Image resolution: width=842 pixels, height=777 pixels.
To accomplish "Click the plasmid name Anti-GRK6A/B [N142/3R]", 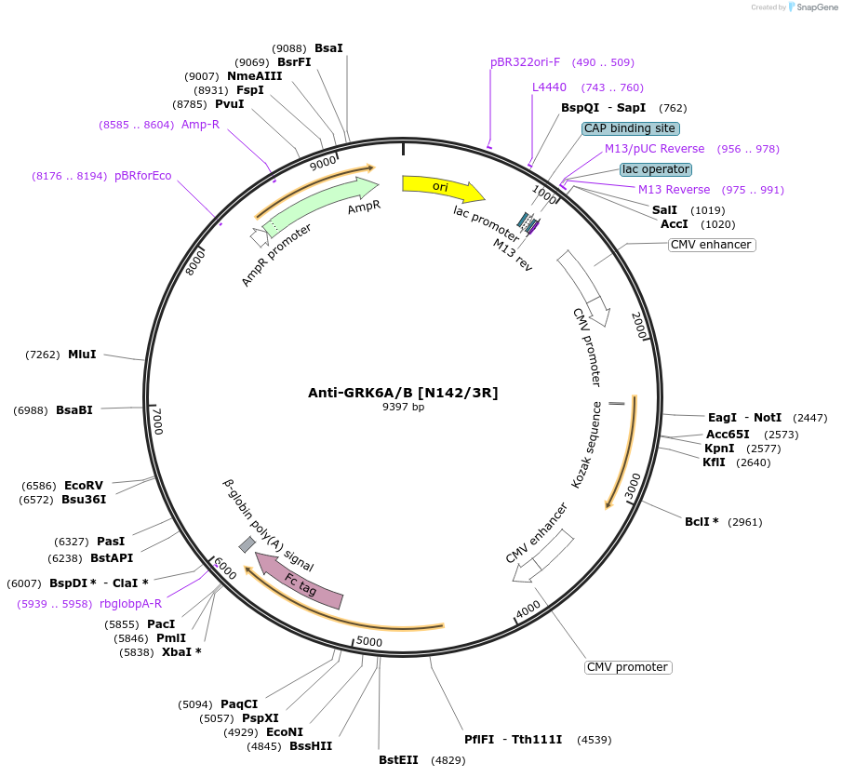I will point(403,393).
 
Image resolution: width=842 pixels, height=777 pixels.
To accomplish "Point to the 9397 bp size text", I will point(403,408).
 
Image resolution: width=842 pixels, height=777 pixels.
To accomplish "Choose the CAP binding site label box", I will point(631,128).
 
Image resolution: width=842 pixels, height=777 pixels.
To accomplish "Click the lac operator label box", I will point(656,169).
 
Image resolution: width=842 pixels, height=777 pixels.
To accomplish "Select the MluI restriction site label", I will point(82,355).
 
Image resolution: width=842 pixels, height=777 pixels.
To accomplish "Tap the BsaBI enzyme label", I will point(74,410).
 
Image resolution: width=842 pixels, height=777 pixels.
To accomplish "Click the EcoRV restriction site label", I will point(84,486).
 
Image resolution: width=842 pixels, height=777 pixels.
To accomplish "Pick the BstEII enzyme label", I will point(398,760).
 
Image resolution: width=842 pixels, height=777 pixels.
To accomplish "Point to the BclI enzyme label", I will point(702,522).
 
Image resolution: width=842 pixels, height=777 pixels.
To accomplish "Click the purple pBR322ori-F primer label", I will point(525,62).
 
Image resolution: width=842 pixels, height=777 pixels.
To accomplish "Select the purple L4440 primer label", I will point(549,87).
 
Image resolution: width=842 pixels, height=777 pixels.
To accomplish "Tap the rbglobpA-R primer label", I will point(130,604).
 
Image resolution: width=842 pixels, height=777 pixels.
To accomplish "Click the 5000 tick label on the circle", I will point(369,642).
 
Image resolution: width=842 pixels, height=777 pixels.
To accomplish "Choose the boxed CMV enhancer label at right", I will point(711,245).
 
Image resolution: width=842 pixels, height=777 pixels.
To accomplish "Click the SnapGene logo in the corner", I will point(812,7).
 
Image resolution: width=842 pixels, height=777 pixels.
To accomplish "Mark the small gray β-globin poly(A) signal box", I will point(247,544).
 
